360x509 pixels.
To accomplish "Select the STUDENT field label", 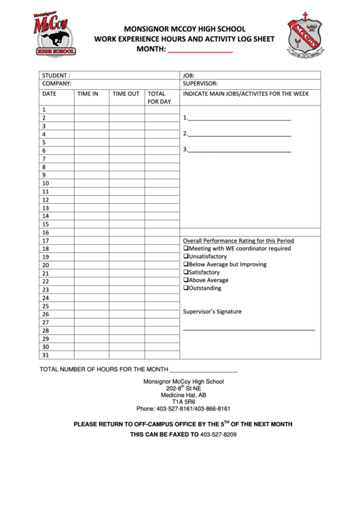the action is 56,75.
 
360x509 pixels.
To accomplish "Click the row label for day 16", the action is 46,232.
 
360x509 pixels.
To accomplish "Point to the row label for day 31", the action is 46,355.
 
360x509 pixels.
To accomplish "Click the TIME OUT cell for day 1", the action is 127,110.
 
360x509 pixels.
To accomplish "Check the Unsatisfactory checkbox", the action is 186,256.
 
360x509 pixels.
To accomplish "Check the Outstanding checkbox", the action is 186,288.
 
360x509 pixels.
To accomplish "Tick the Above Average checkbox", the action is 186,280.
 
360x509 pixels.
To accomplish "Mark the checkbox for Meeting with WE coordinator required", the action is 186,249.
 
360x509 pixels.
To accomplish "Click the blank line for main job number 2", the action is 239,134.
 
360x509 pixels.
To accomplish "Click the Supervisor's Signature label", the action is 213,312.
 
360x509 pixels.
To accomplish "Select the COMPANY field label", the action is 58,84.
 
